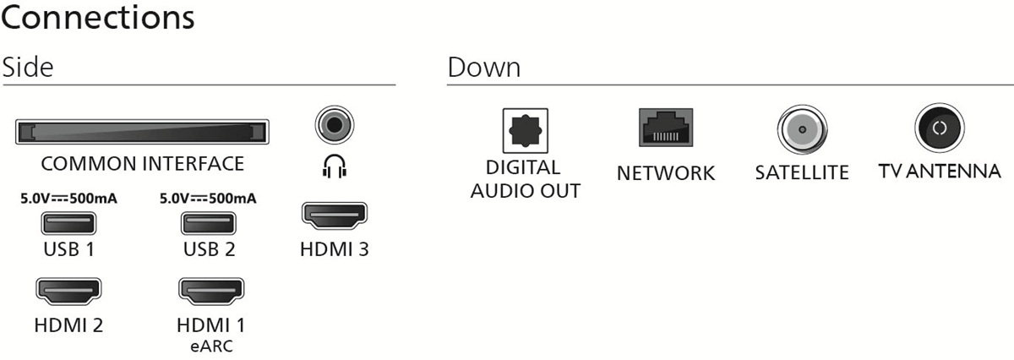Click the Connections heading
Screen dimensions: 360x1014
click(98, 19)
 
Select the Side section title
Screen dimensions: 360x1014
click(27, 68)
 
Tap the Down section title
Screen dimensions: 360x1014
click(483, 68)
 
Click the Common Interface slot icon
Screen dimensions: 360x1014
click(142, 133)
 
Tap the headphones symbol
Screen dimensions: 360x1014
click(335, 166)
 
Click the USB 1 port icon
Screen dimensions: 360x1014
click(69, 224)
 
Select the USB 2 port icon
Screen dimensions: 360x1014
click(209, 224)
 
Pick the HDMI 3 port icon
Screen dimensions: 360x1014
click(335, 215)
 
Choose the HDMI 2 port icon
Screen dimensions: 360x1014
click(69, 292)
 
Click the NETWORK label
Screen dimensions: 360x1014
click(666, 173)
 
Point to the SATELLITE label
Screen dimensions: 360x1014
click(801, 173)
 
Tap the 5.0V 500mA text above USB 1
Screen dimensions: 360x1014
click(69, 199)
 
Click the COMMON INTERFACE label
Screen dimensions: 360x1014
click(142, 163)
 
